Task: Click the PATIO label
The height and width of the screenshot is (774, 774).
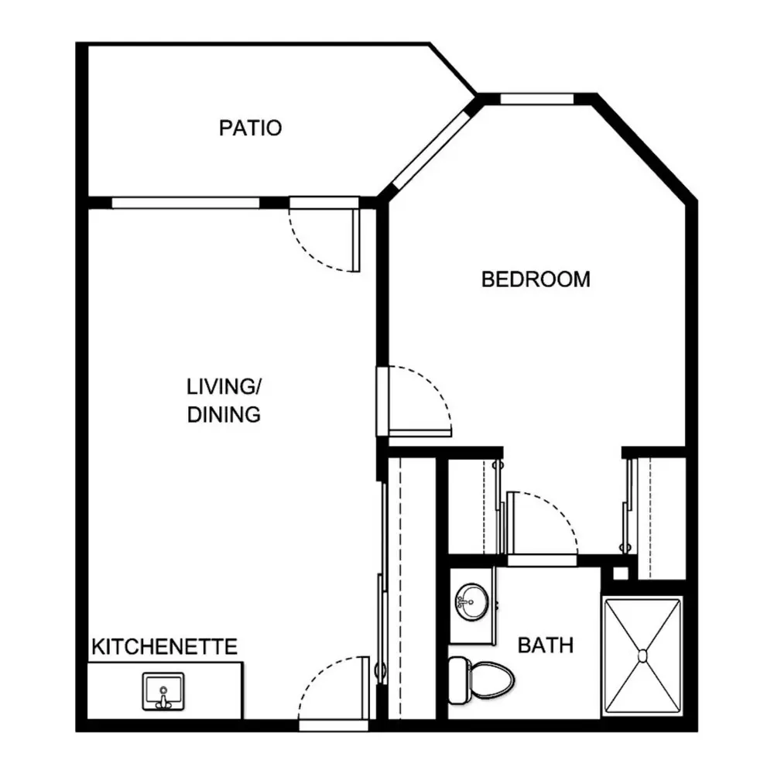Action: [250, 128]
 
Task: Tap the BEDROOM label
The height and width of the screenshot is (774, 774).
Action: [536, 279]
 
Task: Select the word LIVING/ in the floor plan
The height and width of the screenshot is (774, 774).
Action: [224, 386]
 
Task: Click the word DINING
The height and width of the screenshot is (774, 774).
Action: [224, 415]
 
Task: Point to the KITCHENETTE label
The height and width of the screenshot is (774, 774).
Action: [164, 646]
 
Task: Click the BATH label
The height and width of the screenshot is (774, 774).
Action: [546, 646]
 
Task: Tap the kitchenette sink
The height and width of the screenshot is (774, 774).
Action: [163, 691]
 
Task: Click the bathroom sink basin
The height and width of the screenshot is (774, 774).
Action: [471, 601]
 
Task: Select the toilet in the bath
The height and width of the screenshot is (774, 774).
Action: [481, 680]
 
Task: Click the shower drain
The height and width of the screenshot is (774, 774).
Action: [642, 656]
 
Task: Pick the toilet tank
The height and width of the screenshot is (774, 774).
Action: [457, 680]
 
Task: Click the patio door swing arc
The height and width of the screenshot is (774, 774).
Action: [312, 253]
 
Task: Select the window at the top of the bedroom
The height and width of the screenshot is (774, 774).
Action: [536, 99]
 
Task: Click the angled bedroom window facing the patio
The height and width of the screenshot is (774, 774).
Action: [431, 150]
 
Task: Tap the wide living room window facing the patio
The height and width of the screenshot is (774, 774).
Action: [186, 203]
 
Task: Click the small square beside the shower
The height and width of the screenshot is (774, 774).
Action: [621, 573]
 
